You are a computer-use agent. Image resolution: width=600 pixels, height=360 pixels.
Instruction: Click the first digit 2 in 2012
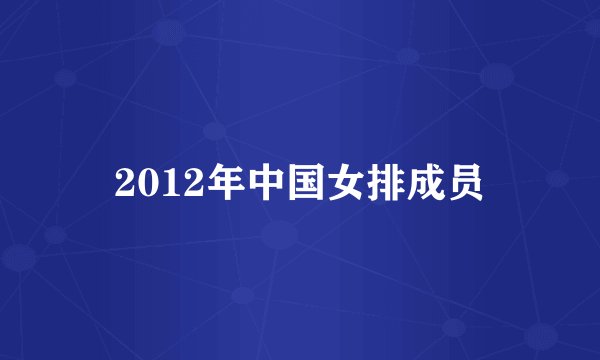click(x=125, y=183)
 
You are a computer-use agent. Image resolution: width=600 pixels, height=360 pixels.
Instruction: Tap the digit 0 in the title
click(x=145, y=183)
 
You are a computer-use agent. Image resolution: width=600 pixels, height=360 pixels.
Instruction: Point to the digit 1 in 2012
click(x=164, y=183)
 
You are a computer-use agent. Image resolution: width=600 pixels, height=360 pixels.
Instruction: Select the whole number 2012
click(x=154, y=183)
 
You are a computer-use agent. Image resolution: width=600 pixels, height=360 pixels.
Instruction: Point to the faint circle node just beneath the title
click(x=280, y=236)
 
